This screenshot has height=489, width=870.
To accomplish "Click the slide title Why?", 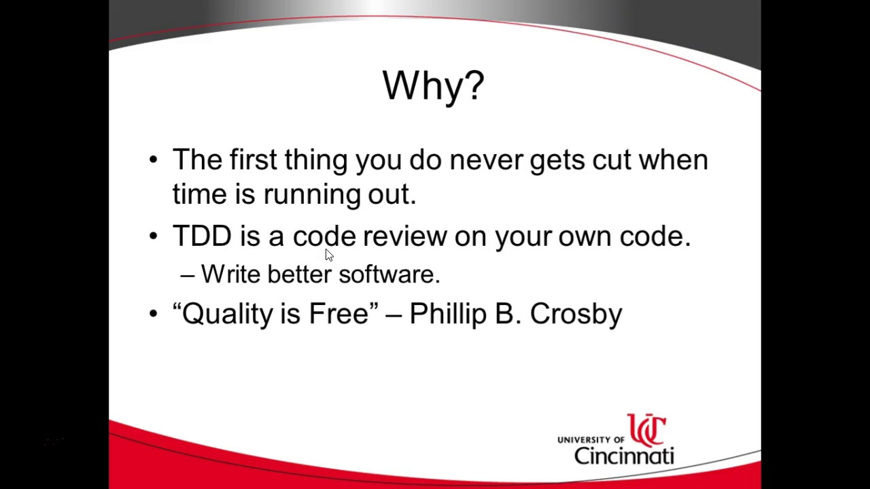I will click(x=433, y=86).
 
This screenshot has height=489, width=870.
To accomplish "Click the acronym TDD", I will click(x=202, y=236).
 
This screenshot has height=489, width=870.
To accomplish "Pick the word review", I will click(x=404, y=236).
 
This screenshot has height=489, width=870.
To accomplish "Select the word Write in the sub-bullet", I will click(x=230, y=274).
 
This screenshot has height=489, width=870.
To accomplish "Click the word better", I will click(x=299, y=274).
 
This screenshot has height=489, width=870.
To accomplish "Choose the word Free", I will click(x=338, y=314).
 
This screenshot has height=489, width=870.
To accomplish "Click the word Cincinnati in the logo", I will click(x=623, y=455).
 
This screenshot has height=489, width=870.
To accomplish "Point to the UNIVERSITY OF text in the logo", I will click(x=590, y=440).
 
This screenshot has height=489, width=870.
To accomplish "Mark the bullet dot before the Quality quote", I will click(x=153, y=314).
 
